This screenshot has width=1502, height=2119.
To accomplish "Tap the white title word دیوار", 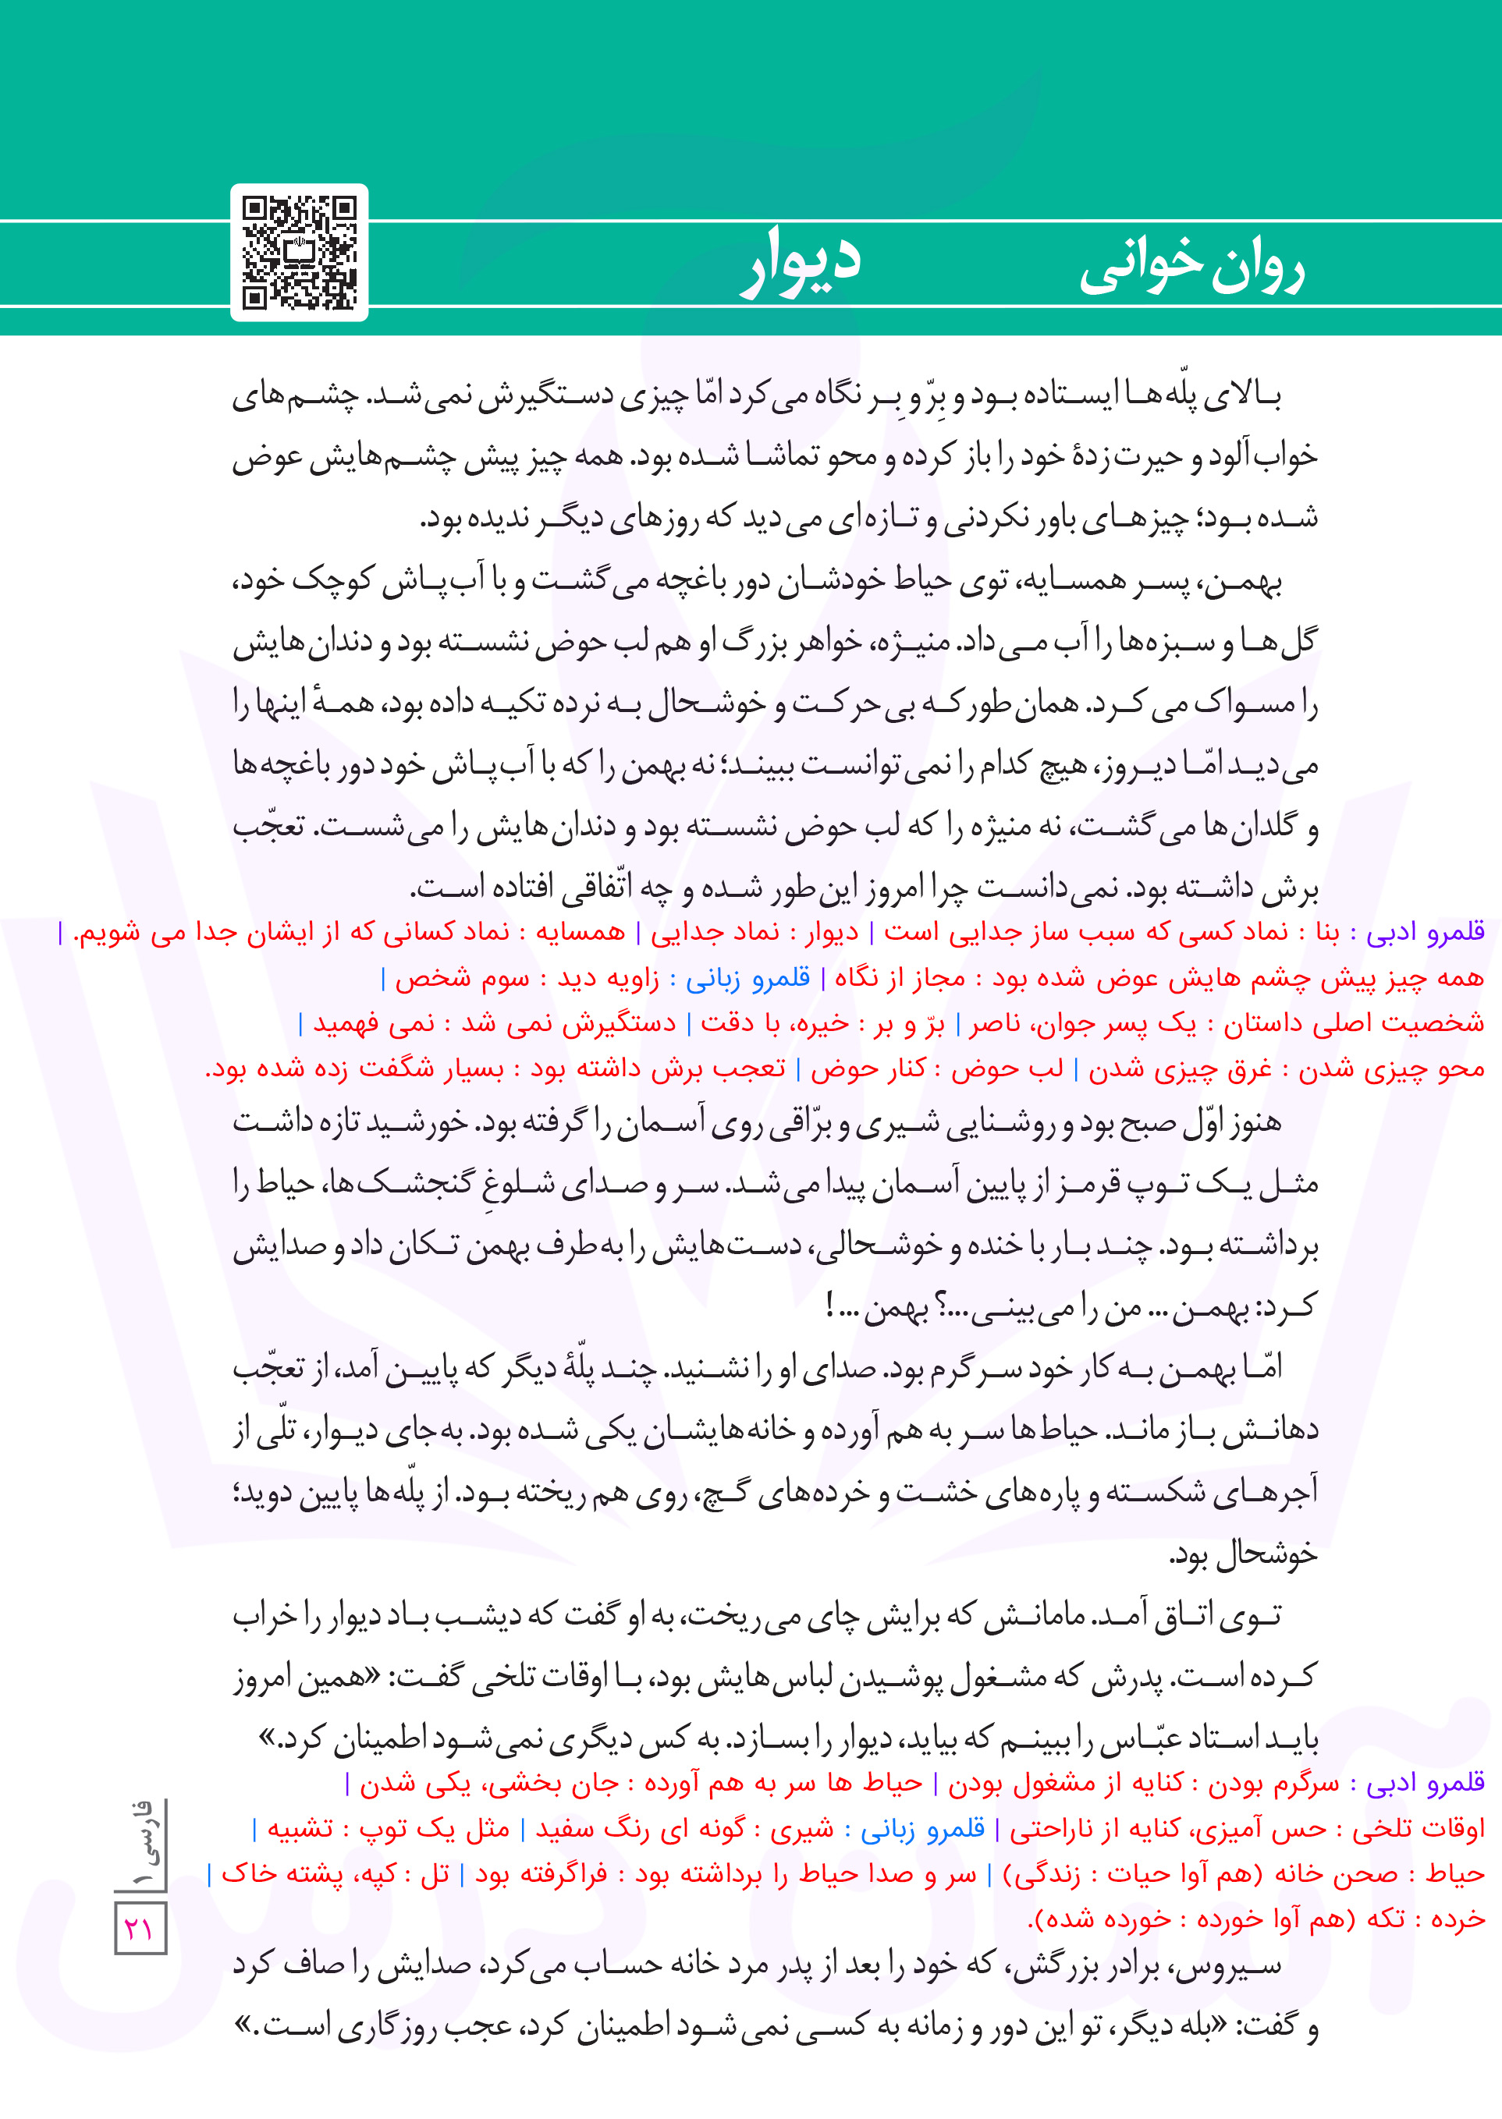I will pos(801,263).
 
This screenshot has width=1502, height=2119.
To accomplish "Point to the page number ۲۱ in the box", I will pos(140,1929).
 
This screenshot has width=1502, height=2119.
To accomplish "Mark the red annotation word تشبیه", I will pos(300,1829).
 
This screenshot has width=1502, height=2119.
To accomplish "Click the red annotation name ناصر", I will pos(995,1023).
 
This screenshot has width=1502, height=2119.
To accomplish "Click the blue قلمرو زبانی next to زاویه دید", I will pos(748,978).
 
